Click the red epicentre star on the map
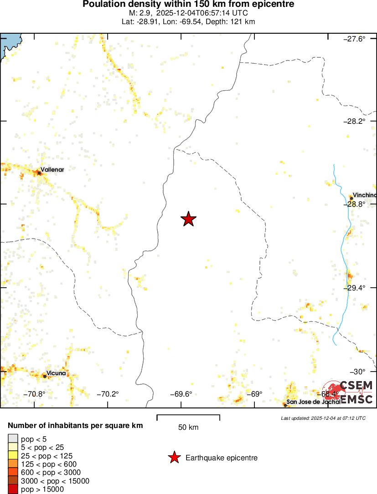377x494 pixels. pos(188,219)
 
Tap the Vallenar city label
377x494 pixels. pos(52,170)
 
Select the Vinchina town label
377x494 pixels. pos(365,195)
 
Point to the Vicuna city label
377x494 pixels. pos(57,373)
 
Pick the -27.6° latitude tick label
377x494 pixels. pos(354,39)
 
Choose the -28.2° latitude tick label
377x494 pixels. pos(354,121)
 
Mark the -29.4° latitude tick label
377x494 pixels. pos(354,288)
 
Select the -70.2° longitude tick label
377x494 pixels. pos(108,394)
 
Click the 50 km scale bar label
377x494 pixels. pos(188,427)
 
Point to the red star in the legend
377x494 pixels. pos(174,458)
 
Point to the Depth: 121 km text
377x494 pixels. pos(233,21)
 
